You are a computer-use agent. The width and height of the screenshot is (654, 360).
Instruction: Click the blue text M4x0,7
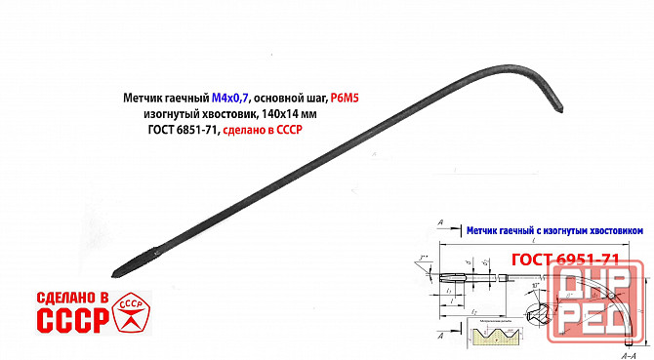point(232,99)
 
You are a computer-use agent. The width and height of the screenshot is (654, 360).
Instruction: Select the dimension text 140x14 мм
point(290,114)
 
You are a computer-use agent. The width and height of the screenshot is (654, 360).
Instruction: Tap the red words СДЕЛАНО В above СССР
point(70,296)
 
